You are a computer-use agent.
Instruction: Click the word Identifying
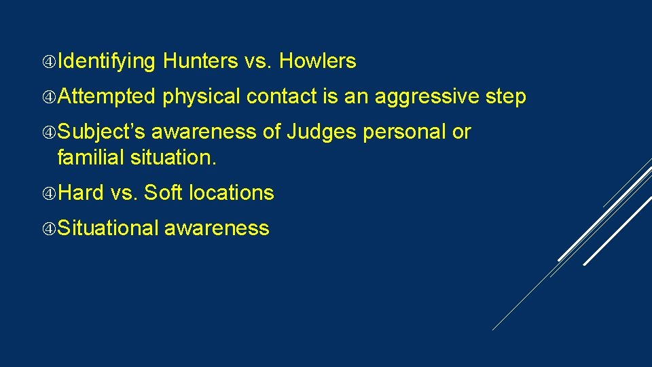(107, 62)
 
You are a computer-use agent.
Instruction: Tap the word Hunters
(200, 62)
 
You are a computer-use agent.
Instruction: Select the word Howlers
(317, 62)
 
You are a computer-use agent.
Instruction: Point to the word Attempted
(107, 97)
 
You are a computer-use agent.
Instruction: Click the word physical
(202, 97)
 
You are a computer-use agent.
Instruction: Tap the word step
(506, 97)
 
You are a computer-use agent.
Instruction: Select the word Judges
(321, 132)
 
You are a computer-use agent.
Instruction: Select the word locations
(232, 193)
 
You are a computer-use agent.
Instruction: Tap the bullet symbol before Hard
(49, 194)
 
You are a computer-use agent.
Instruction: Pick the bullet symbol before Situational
(49, 229)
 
